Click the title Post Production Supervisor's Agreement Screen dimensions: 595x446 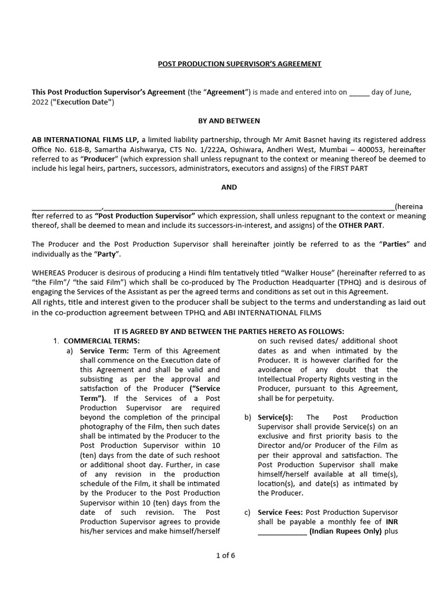tap(239, 64)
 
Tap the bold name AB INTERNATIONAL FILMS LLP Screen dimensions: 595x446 tap(85, 140)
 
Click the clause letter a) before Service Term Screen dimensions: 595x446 tap(69, 351)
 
